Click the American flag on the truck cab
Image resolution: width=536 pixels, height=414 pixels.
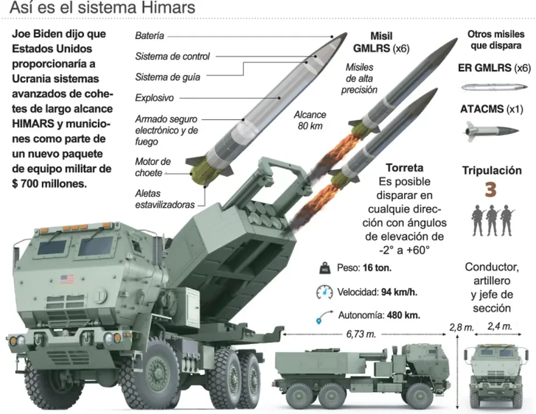[67, 279]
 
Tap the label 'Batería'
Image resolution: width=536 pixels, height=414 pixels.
[150, 36]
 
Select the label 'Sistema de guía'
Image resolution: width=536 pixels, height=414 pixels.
[167, 77]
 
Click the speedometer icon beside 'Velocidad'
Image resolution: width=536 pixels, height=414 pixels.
[324, 292]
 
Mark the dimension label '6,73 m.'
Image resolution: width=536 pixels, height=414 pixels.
[361, 334]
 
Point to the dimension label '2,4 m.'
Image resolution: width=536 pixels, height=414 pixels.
[500, 326]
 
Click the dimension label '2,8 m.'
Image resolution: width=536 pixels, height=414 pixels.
[461, 327]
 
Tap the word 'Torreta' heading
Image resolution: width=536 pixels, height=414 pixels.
[404, 167]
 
